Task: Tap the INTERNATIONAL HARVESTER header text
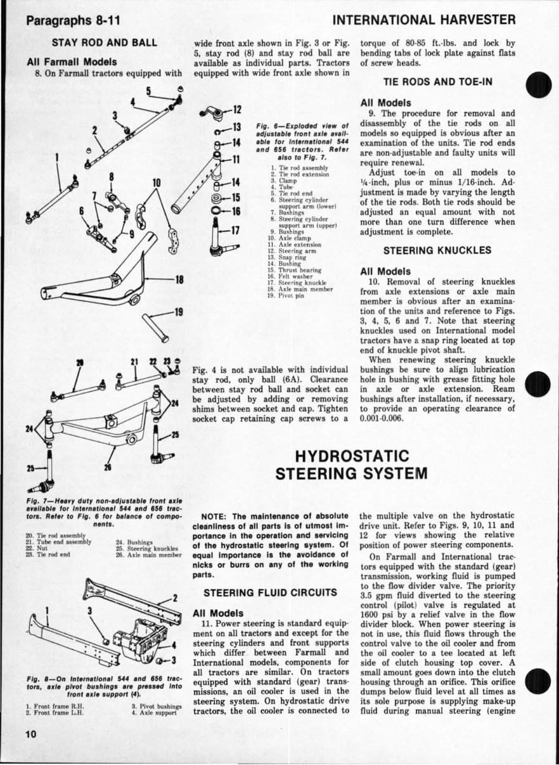[433, 21]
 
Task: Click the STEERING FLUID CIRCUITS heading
[269, 593]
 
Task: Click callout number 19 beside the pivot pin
[179, 312]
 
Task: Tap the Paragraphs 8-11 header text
[73, 22]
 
